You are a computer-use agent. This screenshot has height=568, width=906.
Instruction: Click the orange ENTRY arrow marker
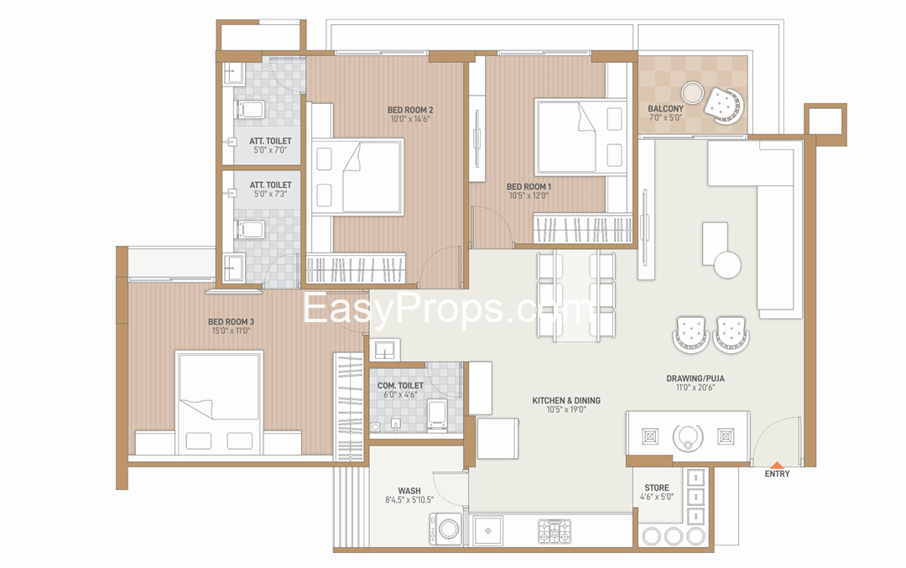[777, 465]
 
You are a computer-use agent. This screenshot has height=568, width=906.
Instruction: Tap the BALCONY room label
[665, 108]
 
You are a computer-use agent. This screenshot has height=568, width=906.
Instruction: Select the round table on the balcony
[691, 92]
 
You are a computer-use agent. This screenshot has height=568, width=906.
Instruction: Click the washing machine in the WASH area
[445, 529]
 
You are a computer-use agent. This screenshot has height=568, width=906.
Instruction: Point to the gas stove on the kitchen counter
[555, 531]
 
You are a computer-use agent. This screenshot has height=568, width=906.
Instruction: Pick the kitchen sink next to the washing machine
[487, 530]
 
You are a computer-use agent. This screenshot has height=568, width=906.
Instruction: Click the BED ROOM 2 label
[410, 110]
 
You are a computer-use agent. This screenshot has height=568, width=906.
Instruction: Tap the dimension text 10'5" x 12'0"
[528, 195]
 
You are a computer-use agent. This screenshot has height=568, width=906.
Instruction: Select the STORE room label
[657, 487]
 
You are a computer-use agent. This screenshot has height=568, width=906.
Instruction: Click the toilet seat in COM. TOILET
[436, 415]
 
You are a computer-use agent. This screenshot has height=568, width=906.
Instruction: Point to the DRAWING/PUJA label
[695, 378]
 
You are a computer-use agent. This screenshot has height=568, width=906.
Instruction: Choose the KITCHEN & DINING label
[566, 400]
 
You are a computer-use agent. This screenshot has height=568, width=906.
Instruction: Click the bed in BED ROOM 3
[219, 403]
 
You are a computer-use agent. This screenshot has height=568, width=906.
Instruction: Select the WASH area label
[409, 491]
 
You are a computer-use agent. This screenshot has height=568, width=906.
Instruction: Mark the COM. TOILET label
[400, 385]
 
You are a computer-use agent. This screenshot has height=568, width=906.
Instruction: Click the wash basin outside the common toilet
[384, 350]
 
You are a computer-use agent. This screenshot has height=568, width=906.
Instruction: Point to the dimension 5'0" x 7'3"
[270, 194]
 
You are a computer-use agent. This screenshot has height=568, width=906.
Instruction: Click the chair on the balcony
[723, 105]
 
